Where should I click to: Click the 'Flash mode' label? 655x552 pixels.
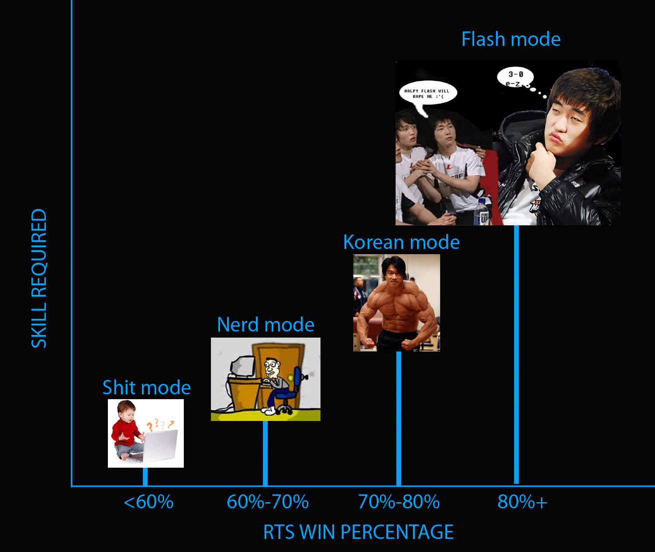point(511,39)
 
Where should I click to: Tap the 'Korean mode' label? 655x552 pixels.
point(401,242)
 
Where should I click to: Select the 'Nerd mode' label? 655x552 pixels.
point(265,325)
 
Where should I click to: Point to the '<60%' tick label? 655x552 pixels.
point(148,502)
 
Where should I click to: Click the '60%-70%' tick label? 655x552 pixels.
point(268,502)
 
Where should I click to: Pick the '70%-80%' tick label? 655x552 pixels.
point(399,502)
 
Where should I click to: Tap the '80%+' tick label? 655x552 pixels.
point(522,502)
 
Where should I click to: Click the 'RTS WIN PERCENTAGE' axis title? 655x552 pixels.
point(359,532)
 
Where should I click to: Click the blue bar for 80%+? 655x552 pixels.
point(517,354)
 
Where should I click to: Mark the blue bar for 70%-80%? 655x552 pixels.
point(399,418)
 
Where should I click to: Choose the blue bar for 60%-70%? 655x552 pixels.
point(265,453)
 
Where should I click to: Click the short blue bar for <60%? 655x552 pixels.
point(145,476)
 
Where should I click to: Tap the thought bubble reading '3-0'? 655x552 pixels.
point(515,78)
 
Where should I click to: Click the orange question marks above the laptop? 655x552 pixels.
point(160,424)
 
